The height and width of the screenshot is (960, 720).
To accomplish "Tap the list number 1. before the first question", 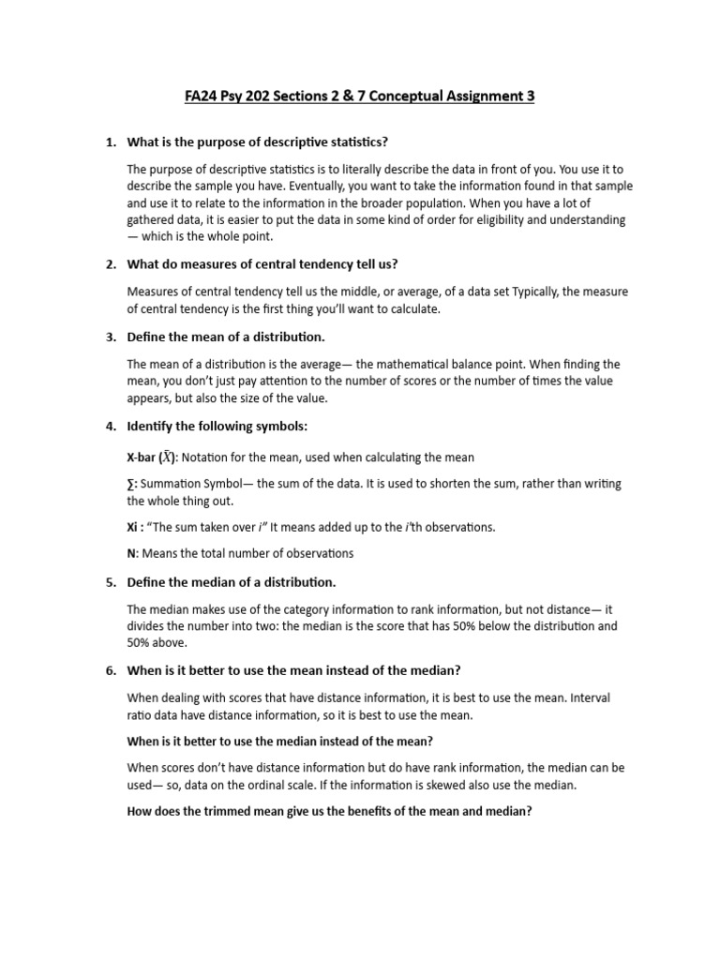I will [x=110, y=142].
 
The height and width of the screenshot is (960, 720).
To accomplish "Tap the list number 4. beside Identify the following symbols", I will [x=110, y=427].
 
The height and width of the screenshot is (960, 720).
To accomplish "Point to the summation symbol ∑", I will [x=130, y=484].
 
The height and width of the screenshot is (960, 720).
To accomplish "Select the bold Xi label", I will [x=133, y=527].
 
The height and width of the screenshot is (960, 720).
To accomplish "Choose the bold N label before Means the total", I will [x=130, y=553].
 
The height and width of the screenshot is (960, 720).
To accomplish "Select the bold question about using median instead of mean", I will [x=279, y=741].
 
